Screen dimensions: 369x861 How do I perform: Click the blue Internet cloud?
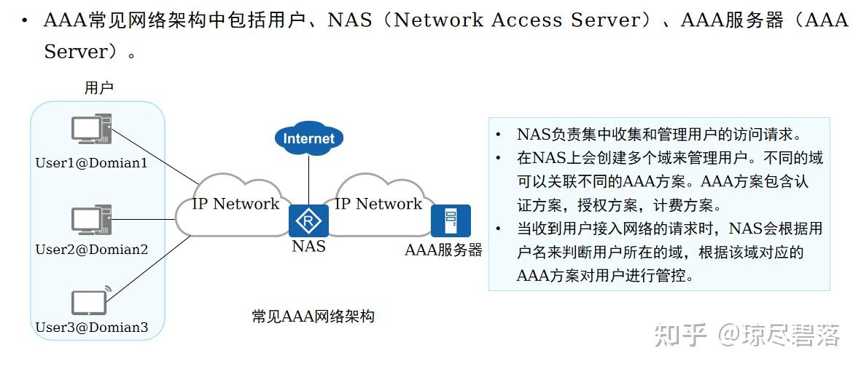(x=308, y=138)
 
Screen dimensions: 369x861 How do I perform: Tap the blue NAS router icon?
(x=308, y=220)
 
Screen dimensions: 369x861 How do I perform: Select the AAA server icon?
(x=450, y=220)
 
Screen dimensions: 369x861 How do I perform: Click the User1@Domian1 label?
(x=92, y=163)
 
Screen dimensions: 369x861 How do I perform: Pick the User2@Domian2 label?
(x=92, y=250)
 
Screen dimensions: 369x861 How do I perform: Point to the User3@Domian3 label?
(x=92, y=328)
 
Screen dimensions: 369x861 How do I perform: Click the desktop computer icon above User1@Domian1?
(x=91, y=131)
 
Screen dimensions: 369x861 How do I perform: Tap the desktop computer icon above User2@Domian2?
(x=91, y=220)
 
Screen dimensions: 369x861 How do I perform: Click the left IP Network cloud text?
(x=235, y=205)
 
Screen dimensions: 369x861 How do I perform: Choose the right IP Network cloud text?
(x=378, y=205)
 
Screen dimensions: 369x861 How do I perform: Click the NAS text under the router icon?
(x=308, y=247)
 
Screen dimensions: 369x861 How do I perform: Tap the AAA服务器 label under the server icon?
(x=443, y=251)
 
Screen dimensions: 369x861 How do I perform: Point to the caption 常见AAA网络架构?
(x=313, y=317)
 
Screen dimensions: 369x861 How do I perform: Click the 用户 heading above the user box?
(x=99, y=88)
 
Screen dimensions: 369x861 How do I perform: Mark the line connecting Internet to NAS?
(x=308, y=178)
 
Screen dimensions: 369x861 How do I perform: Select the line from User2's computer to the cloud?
(x=144, y=220)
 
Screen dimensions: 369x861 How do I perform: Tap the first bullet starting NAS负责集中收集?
(x=659, y=135)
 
